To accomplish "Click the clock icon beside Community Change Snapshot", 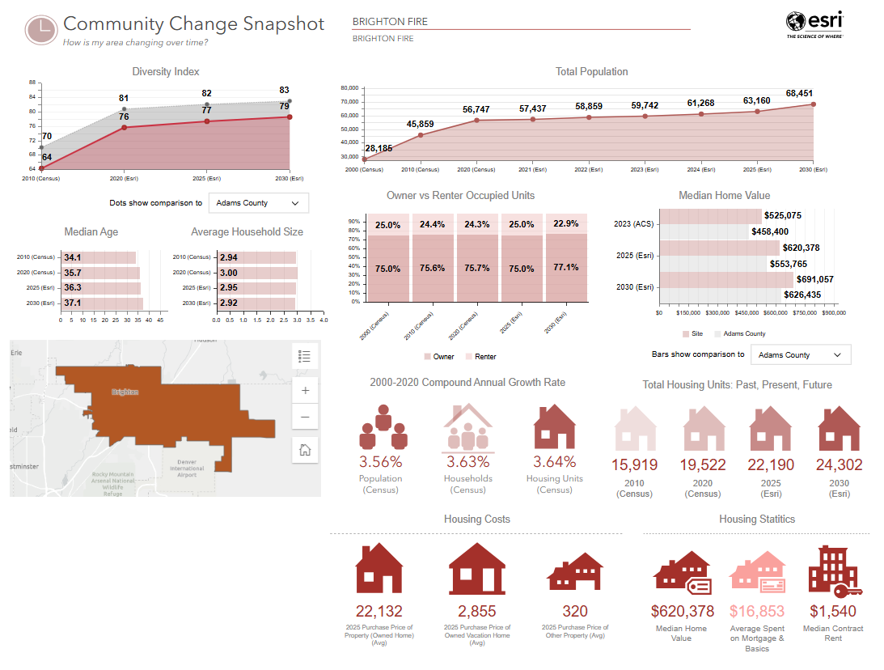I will tap(40, 29).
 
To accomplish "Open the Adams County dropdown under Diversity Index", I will tap(259, 203).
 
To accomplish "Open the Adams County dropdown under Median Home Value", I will tap(801, 354).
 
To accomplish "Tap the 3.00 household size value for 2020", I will tap(229, 273).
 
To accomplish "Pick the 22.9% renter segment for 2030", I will tap(565, 224).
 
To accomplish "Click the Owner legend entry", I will tap(438, 356).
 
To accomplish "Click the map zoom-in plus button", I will tap(305, 390).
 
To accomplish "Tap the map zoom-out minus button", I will tap(305, 418).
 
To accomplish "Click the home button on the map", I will tap(305, 450).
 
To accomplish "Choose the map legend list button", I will tap(305, 356).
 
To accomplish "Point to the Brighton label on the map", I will tap(125, 392).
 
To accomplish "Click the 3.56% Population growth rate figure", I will tap(380, 462).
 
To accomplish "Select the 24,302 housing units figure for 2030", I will tap(839, 465).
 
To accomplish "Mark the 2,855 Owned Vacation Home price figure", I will tap(477, 611).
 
